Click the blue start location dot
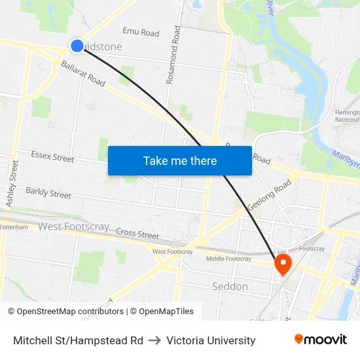77,45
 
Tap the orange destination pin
283,264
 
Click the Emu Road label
141,32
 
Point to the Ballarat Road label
83,73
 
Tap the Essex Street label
53,157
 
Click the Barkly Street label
48,193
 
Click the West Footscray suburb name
73,226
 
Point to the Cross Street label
137,234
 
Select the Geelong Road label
269,195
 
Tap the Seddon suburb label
230,287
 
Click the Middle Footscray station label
228,259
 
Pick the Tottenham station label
14,227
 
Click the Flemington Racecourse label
347,116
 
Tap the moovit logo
321,340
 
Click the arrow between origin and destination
155,340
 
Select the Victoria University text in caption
211,340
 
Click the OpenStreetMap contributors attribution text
65,312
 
